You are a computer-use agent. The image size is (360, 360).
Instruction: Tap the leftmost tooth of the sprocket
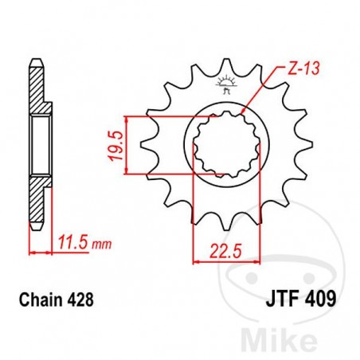tap(146, 147)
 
